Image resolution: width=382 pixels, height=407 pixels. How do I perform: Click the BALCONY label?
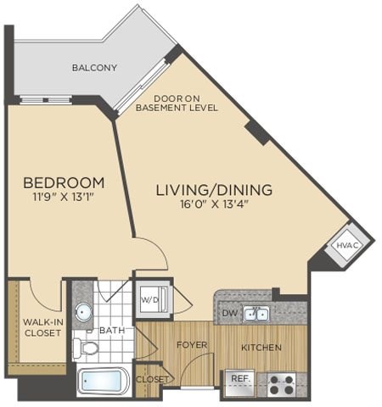[x=94, y=68]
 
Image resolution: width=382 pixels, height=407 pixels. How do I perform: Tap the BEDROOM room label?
[x=64, y=182]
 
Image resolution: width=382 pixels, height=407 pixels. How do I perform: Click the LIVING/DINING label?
[x=213, y=189]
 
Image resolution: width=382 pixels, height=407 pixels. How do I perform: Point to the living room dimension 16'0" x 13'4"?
[x=213, y=204]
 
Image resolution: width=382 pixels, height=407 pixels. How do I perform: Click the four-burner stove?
[x=281, y=382]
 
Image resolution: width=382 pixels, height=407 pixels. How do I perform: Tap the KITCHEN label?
[x=261, y=348]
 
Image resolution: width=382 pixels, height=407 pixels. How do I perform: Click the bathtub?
[x=102, y=382]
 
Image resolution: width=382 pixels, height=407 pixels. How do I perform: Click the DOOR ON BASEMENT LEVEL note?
[x=185, y=102]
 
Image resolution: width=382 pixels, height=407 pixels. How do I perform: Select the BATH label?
[x=111, y=330]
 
